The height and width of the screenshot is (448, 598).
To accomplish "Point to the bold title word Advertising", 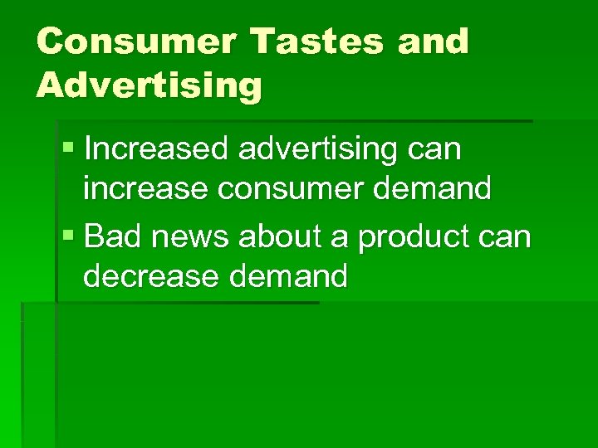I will (x=149, y=85).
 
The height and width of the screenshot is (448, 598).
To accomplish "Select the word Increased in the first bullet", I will (x=158, y=149).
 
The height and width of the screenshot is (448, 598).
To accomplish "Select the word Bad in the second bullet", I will (x=110, y=237).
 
